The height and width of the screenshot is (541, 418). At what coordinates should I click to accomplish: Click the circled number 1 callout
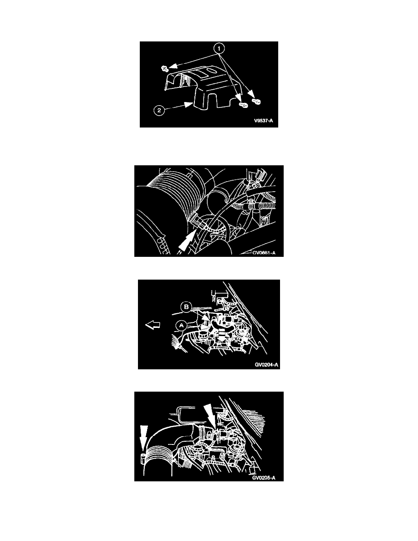click(219, 48)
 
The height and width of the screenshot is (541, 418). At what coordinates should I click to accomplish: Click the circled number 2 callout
click(159, 111)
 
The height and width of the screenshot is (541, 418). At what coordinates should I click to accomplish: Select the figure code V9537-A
click(264, 121)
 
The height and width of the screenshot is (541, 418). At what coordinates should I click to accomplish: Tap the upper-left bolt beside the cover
click(165, 69)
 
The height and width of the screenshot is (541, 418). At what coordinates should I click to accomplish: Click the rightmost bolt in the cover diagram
click(257, 101)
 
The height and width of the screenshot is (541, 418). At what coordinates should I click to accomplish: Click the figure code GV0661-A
click(264, 253)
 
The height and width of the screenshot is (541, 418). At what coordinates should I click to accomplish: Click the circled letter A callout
click(181, 325)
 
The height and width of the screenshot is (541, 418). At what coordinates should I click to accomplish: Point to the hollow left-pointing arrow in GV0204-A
click(153, 325)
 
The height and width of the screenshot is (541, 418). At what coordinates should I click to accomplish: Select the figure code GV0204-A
click(266, 365)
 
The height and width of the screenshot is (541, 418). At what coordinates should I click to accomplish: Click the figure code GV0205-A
click(264, 478)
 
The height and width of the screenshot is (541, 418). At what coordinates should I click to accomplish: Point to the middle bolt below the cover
click(244, 104)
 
